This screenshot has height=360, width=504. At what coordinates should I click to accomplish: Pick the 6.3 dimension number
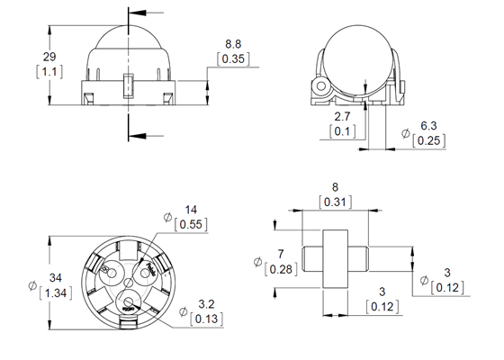click(429, 126)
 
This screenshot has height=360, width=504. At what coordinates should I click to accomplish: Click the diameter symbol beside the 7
click(257, 263)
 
